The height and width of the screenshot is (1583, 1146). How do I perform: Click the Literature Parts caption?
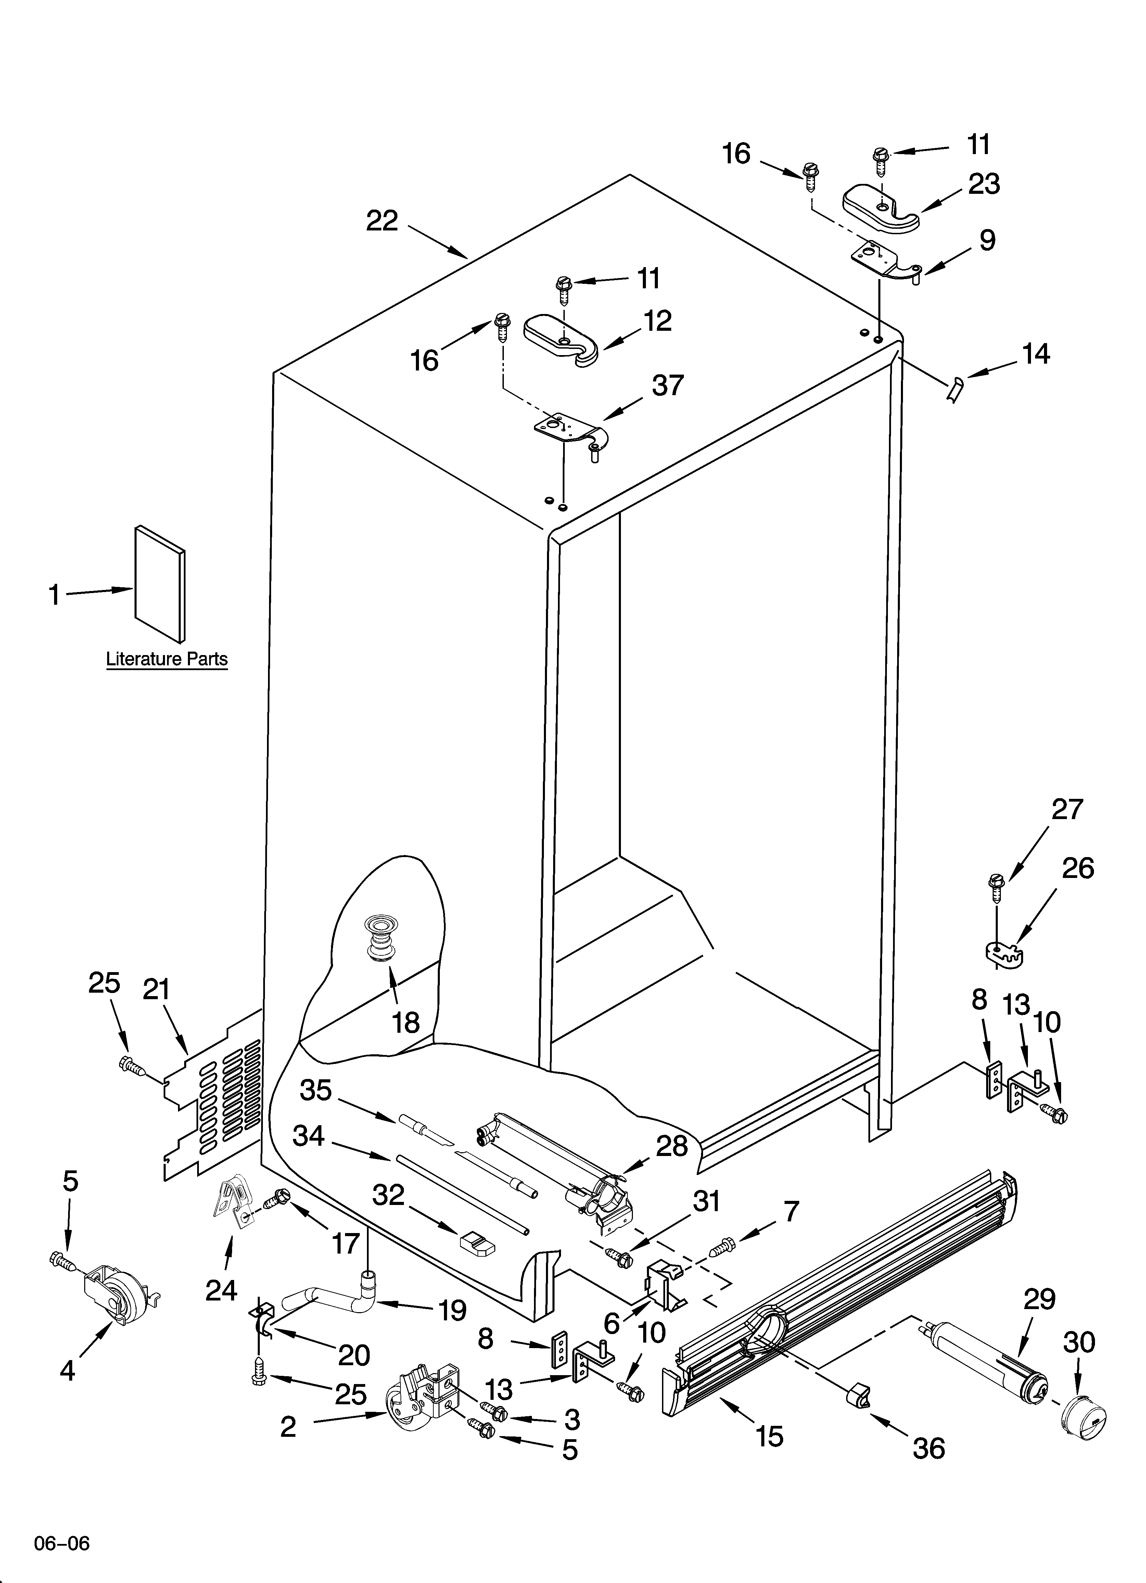pos(167,659)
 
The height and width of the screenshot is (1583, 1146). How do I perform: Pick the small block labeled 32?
pos(477,1242)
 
